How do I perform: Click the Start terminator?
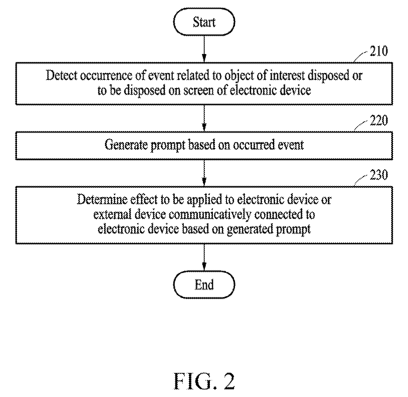click(x=204, y=22)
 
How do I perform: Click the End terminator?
click(x=204, y=285)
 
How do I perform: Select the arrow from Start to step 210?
click(x=204, y=49)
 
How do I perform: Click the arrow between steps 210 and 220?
click(x=204, y=118)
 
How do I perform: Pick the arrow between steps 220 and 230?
click(x=204, y=173)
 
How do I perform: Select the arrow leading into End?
click(x=204, y=257)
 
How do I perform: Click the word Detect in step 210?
click(x=62, y=75)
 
